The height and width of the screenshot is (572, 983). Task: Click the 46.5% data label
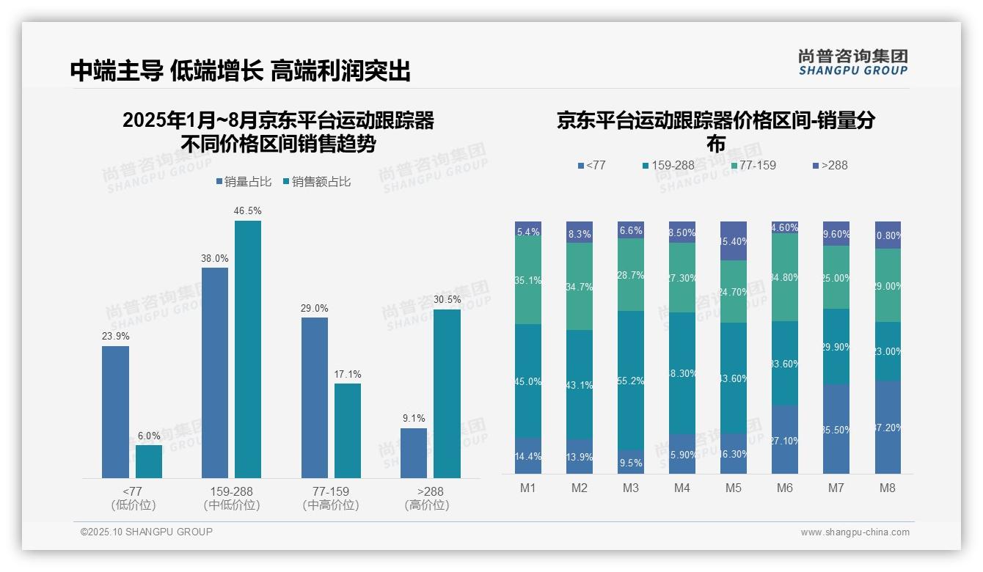coord(247,211)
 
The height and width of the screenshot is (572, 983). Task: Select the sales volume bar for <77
coord(115,412)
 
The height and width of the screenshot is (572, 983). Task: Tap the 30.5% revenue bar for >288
coord(447,394)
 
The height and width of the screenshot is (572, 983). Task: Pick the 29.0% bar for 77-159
coord(315,397)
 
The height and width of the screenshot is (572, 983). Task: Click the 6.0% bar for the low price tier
coord(149,461)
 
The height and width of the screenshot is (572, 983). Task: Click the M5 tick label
coord(734,488)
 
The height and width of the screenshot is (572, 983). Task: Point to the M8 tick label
coord(888,488)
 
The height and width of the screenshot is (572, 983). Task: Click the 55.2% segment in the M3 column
coord(631,380)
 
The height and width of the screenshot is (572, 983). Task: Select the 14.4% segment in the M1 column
coord(528,456)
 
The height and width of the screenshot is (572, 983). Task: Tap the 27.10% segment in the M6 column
coord(785,439)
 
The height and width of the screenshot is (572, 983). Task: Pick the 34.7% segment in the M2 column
coord(580,286)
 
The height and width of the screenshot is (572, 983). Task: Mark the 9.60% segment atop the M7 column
coord(836,233)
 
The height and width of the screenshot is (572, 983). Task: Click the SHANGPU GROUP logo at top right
coord(852,62)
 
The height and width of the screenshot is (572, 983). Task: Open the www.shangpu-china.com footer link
coord(855,532)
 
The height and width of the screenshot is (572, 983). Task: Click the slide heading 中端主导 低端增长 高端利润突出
coord(240,71)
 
